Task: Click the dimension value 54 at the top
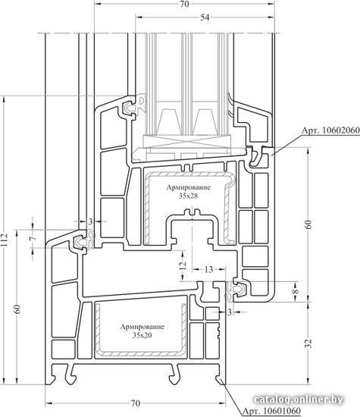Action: click(x=205, y=17)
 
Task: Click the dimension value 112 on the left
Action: click(x=4, y=240)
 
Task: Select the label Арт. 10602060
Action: click(x=330, y=130)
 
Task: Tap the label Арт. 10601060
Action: click(x=272, y=410)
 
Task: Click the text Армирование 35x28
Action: click(x=188, y=192)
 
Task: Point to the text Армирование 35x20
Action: click(x=142, y=331)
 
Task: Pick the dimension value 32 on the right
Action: click(x=309, y=343)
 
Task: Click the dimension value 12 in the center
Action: click(x=183, y=265)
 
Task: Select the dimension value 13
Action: click(x=208, y=270)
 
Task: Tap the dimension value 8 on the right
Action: click(x=295, y=291)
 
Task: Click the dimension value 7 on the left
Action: click(x=33, y=238)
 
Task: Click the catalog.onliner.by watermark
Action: click(x=299, y=400)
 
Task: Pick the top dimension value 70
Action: click(x=184, y=4)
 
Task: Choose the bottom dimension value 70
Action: click(x=136, y=403)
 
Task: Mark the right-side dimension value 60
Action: click(x=309, y=224)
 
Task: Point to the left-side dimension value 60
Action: click(x=17, y=309)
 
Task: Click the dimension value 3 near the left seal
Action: click(x=90, y=221)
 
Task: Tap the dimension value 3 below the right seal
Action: click(x=230, y=312)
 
